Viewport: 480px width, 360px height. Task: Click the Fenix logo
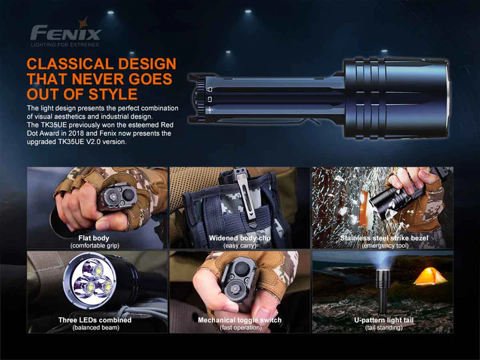pos(66,33)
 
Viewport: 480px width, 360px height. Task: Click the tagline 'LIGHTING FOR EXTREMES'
pos(65,45)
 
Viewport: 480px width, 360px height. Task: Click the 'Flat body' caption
pos(94,238)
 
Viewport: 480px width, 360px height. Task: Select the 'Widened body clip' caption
pos(240,238)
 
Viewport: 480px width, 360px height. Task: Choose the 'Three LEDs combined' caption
pos(95,320)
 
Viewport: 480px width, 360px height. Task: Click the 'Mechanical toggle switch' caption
pos(240,320)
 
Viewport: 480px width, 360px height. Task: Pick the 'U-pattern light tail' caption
pos(384,320)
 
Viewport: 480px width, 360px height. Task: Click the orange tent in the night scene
pos(429,276)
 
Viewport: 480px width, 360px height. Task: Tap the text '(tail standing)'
pos(384,327)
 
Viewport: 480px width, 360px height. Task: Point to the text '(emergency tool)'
pos(384,245)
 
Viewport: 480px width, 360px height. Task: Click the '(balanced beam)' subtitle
pos(95,327)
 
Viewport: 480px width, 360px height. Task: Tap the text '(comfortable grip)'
pos(94,245)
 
